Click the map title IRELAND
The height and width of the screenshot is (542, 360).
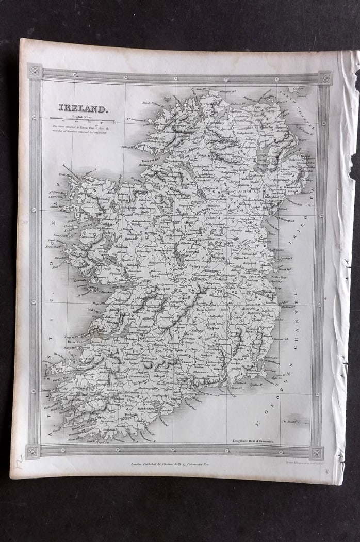83,109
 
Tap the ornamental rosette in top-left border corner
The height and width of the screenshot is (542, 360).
35,71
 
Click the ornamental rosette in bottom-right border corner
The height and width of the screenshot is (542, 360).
316,453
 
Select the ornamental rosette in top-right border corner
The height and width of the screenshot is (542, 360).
325,78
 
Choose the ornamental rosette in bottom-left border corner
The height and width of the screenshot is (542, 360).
33,451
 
